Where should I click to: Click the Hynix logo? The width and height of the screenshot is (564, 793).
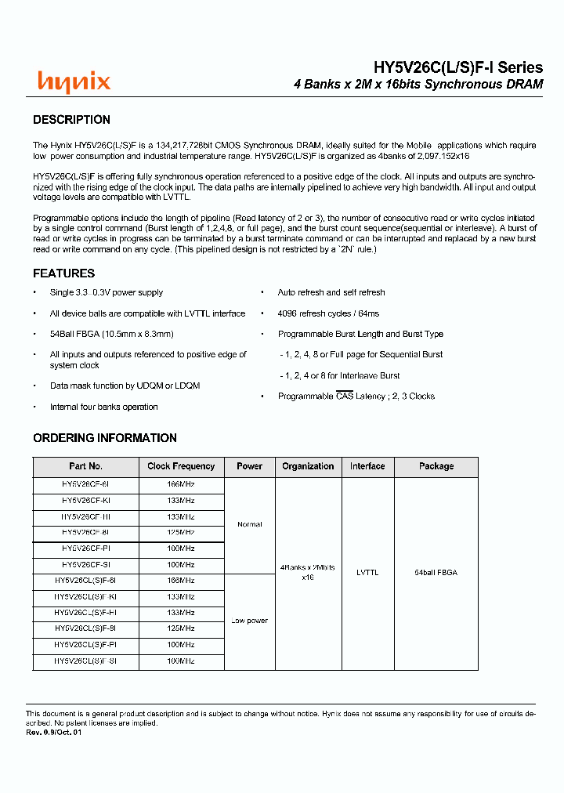74,81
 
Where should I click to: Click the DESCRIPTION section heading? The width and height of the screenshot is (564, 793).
71,120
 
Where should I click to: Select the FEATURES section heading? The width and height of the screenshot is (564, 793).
63,273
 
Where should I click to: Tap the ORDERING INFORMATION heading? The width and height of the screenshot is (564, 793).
105,438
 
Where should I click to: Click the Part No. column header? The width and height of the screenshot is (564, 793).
85,466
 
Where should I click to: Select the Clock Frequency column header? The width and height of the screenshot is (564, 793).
181,466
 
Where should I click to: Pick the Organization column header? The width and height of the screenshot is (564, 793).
308,466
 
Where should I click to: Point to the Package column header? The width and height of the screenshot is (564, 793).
436,466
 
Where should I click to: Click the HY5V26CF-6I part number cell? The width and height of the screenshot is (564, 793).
85,485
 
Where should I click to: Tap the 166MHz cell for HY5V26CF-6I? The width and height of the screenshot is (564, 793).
181,485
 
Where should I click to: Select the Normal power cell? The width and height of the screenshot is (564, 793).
250,525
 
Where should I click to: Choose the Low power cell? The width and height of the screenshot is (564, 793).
250,621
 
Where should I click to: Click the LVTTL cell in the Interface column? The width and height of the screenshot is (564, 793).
367,573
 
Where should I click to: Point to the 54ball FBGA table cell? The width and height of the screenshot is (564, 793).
436,573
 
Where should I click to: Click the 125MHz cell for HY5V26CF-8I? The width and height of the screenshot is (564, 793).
181,533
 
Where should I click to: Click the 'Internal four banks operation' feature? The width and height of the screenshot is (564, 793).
104,407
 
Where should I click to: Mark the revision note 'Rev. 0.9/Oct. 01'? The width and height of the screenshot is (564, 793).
54,732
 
